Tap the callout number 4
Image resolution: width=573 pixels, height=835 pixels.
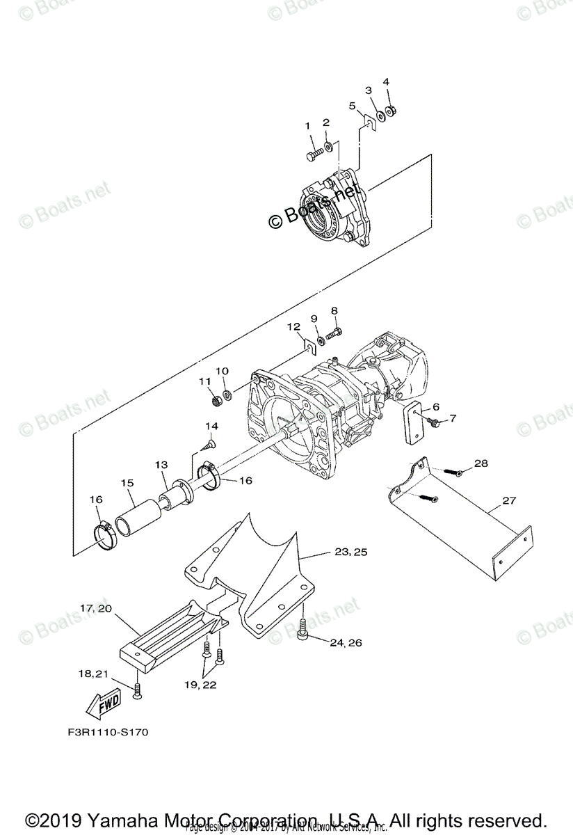tap(386, 82)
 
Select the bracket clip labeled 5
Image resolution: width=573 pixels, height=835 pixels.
tap(369, 123)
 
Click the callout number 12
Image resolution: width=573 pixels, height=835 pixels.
tap(293, 326)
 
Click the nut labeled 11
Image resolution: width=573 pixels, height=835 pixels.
tap(215, 401)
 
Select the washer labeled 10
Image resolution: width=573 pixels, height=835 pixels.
tap(227, 385)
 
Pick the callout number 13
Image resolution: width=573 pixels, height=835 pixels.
tap(161, 464)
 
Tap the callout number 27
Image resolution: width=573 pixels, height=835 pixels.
tap(510, 500)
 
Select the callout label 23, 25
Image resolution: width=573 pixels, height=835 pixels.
tap(351, 552)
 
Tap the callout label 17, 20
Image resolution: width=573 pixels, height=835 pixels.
tap(96, 607)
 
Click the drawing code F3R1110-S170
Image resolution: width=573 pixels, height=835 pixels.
tap(108, 733)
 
